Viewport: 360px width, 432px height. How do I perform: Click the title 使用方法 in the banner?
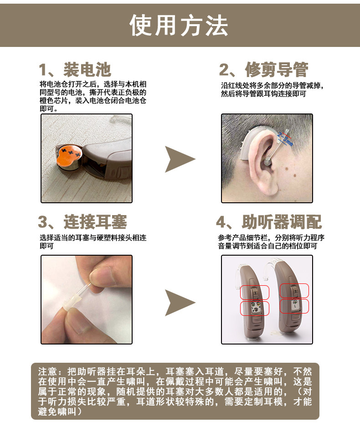click(x=179, y=26)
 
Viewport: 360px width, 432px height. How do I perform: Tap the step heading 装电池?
click(x=87, y=69)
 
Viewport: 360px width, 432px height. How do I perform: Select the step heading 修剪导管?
click(x=277, y=69)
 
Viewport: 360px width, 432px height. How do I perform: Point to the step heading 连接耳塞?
click(x=95, y=222)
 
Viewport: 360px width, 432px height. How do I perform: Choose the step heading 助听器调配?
click(x=282, y=222)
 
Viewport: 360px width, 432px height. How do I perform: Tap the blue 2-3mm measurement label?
click(x=285, y=139)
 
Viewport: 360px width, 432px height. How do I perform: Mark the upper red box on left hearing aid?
click(x=255, y=292)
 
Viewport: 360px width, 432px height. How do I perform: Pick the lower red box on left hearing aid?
click(x=255, y=309)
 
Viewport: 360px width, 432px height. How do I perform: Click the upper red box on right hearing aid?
click(x=294, y=291)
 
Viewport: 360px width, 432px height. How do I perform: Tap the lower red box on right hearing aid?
click(x=294, y=306)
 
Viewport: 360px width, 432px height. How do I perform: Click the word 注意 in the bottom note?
click(x=48, y=371)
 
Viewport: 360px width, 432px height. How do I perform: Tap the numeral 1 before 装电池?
click(x=43, y=70)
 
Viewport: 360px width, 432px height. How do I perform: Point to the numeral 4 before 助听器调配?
click(x=221, y=222)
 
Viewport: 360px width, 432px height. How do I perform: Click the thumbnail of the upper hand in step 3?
click(x=105, y=275)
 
